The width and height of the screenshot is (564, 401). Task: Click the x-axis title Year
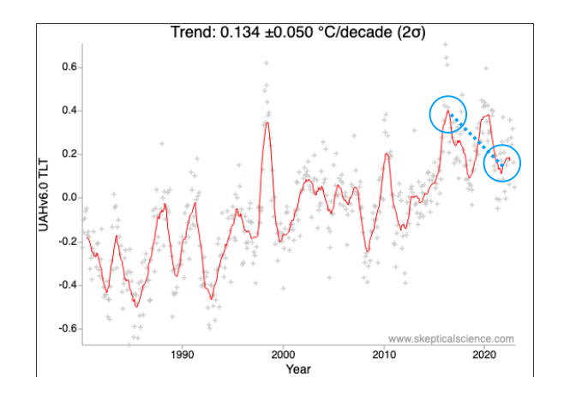299,369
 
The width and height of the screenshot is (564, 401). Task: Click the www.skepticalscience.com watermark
451,338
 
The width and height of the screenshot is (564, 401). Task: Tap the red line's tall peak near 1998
267,123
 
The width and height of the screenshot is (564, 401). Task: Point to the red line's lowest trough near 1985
135,306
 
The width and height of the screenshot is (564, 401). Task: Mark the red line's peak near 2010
387,154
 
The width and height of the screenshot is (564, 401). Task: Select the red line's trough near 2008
367,250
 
